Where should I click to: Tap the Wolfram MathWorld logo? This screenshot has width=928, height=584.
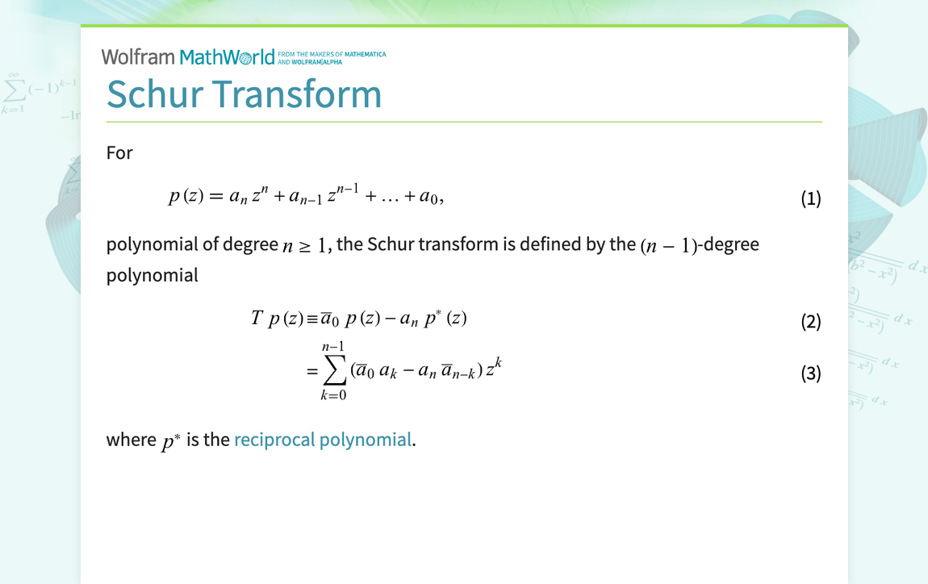[188, 56]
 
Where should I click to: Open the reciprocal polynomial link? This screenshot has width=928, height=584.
[322, 440]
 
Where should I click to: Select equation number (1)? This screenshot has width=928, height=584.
[810, 198]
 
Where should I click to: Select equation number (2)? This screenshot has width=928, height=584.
[810, 322]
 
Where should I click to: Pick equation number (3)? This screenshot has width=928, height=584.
[810, 373]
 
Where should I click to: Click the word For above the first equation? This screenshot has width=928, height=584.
[119, 152]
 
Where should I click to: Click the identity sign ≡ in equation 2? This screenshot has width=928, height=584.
[311, 319]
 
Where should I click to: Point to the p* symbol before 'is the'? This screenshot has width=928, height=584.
[169, 440]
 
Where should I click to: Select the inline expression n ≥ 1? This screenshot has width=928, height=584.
[307, 245]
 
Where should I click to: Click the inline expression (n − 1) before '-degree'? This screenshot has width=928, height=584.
[668, 245]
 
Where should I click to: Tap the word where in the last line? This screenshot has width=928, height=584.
[131, 440]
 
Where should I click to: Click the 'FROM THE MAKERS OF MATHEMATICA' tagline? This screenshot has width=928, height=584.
[331, 55]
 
